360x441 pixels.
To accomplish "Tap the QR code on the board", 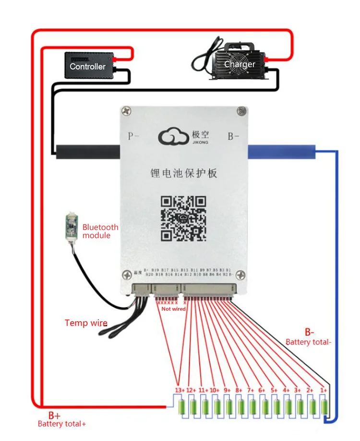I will click(x=183, y=218).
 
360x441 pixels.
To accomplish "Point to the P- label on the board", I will click(x=133, y=136).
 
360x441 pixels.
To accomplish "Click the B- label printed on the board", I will click(x=233, y=136).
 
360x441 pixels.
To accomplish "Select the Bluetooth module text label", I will click(x=100, y=231).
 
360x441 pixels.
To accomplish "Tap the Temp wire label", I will click(x=86, y=323).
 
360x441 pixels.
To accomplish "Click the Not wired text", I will click(x=173, y=309).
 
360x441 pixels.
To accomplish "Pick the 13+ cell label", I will click(x=180, y=390).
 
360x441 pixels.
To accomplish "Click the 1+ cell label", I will click(x=323, y=390).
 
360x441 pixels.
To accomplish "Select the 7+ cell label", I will click(x=251, y=390).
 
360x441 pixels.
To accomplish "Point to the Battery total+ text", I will click(x=62, y=424).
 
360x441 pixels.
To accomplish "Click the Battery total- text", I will click(x=308, y=342).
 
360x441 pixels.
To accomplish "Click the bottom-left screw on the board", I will click(x=126, y=275).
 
